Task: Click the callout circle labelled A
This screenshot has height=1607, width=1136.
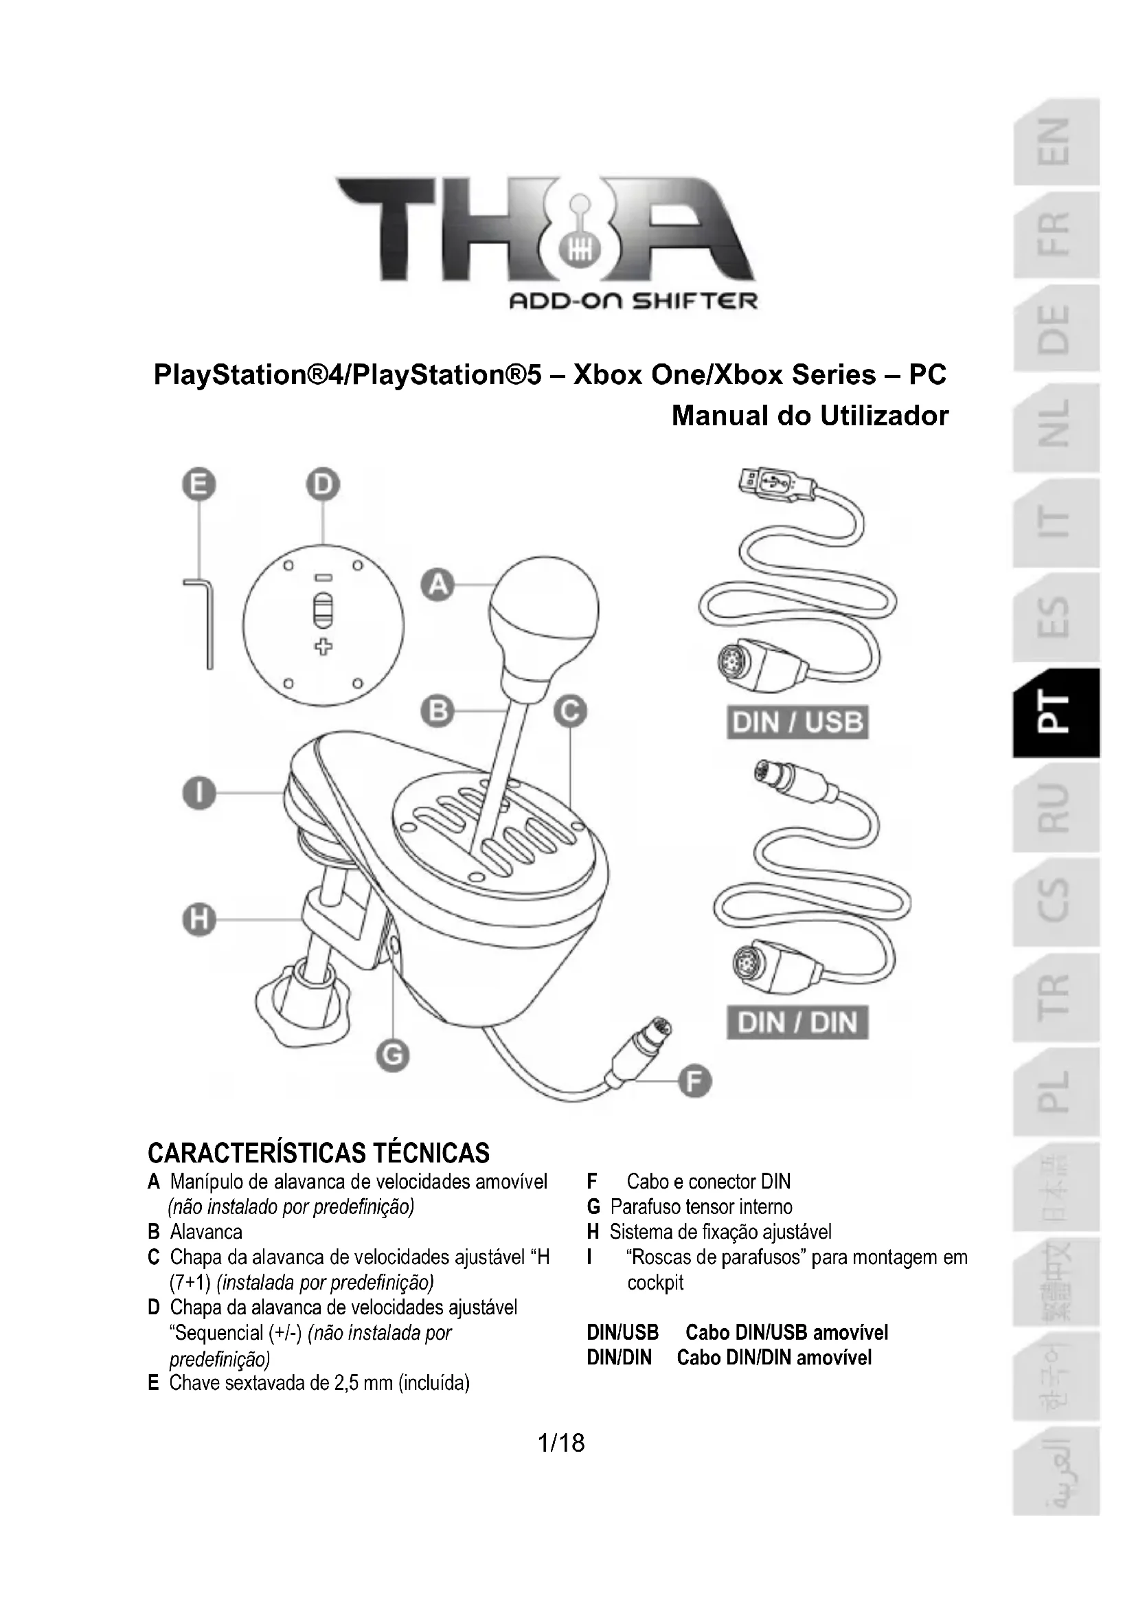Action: click(438, 585)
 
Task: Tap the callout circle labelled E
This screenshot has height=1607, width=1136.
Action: click(199, 485)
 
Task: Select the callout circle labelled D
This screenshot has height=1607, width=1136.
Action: click(323, 485)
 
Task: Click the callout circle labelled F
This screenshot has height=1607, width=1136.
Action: click(694, 1082)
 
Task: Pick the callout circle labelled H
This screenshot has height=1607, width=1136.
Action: click(199, 919)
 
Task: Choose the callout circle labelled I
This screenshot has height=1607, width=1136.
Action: click(199, 794)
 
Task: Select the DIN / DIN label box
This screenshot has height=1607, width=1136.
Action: click(797, 1022)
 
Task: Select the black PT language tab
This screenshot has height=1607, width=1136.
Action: click(1056, 712)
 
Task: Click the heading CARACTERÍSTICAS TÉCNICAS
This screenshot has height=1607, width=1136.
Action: click(318, 1153)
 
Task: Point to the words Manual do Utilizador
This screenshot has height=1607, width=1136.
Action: click(809, 416)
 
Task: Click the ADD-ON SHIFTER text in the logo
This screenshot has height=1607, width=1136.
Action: click(633, 302)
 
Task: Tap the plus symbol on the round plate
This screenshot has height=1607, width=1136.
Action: click(323, 647)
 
